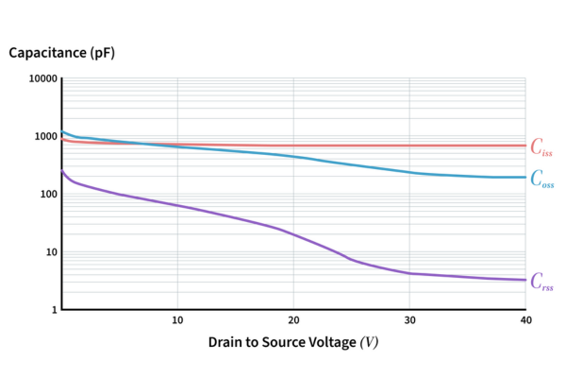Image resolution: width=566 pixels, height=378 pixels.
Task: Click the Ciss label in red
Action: pos(541,146)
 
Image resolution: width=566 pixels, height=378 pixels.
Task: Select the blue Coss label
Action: pos(542,178)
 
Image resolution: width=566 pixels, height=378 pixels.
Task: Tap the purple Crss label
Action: pos(541,281)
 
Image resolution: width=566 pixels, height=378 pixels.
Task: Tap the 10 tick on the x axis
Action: pos(177,321)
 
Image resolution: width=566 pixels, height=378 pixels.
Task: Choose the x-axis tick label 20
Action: pos(293,321)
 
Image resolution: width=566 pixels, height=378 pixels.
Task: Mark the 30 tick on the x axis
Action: pos(409,321)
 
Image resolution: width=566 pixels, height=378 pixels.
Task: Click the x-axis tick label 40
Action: pos(525,321)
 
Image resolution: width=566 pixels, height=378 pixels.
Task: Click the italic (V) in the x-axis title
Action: pos(370,342)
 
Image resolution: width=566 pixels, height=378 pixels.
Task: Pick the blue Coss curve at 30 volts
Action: pos(409,172)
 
